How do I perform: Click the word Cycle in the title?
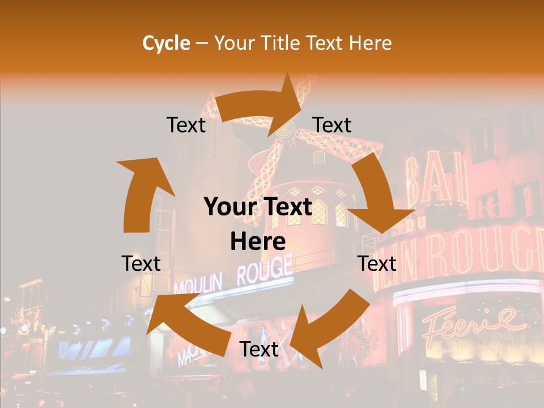166,43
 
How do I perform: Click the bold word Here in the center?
258,241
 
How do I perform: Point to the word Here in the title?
368,43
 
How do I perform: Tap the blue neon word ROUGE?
265,271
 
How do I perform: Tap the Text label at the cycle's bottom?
259,349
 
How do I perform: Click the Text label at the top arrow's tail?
186,125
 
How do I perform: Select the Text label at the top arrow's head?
332,125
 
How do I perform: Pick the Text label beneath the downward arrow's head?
377,263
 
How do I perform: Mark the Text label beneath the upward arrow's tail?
141,263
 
